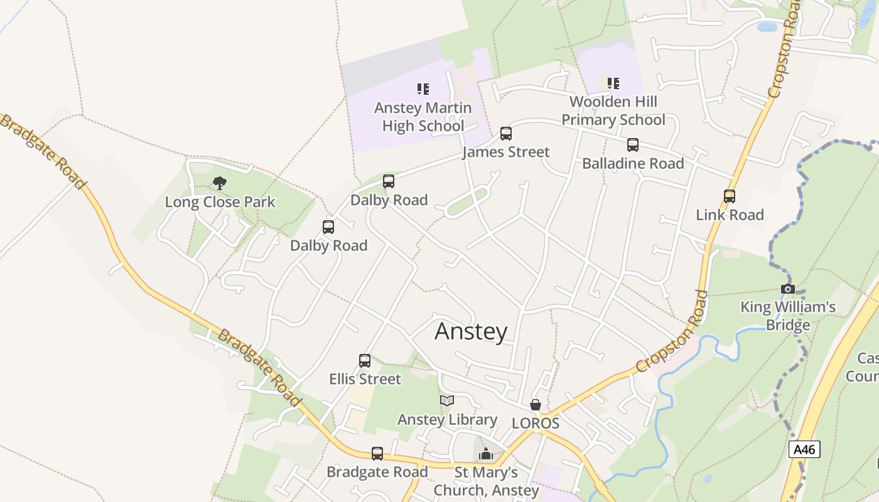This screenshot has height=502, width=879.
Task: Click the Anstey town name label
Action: point(471,331)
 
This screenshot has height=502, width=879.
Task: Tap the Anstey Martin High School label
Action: point(423,117)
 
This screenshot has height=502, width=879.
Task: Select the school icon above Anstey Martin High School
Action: point(423,89)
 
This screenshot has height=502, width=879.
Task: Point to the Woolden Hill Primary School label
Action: point(613,110)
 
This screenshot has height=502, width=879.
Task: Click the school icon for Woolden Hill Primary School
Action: point(613,83)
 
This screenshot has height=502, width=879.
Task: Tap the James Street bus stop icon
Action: point(506,134)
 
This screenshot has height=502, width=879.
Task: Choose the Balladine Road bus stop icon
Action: point(633,145)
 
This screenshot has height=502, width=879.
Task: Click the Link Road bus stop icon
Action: point(730,196)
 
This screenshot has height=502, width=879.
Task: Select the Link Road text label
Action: point(730,215)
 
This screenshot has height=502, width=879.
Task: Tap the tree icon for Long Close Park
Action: point(219,183)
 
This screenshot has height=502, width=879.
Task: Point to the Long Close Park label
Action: point(220,202)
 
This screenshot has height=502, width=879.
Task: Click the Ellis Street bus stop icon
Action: point(365,361)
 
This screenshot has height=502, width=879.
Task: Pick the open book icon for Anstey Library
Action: point(447,400)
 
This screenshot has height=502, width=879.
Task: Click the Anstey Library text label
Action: point(447,419)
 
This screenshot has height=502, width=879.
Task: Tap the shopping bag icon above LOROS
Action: point(536,405)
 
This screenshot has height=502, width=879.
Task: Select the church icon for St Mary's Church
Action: point(486,454)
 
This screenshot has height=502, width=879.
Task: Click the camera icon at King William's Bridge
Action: point(787,289)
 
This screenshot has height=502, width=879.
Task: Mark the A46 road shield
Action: point(804,449)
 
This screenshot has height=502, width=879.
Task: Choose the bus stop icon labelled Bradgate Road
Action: point(377,454)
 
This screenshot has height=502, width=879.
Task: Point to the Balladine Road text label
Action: point(633,163)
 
